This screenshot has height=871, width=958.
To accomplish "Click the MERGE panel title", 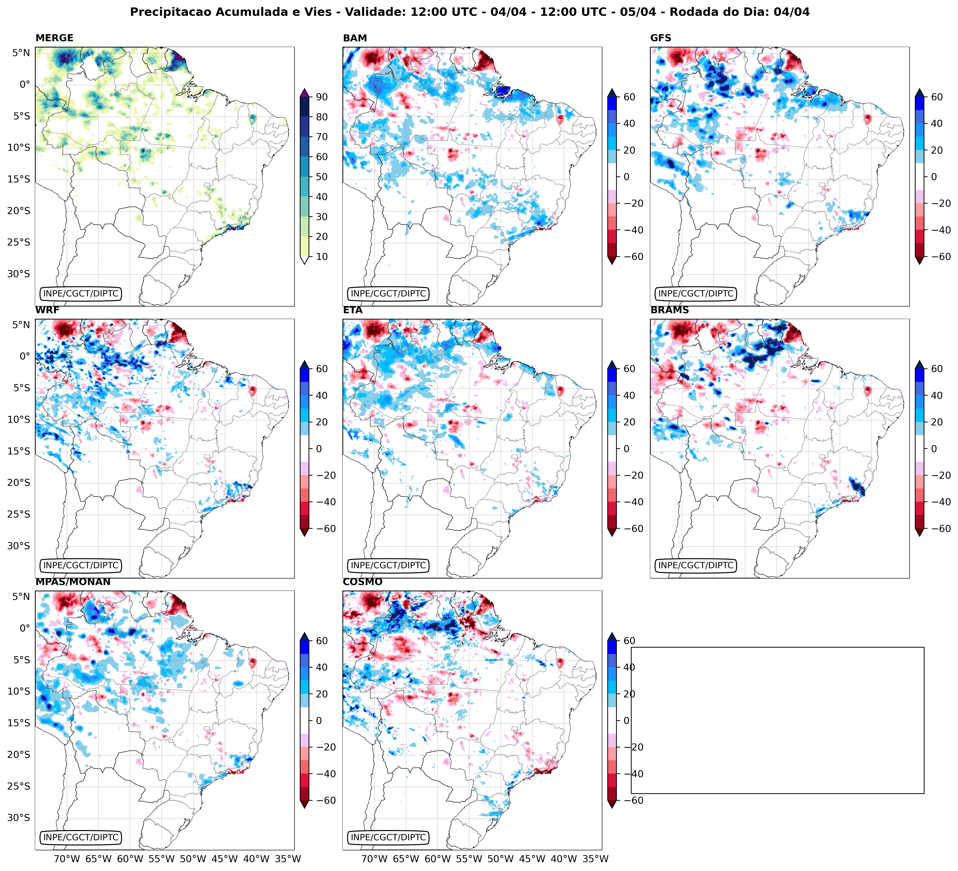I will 54,38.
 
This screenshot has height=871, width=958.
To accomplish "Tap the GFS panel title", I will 660,38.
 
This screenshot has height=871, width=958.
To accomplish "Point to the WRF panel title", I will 47,310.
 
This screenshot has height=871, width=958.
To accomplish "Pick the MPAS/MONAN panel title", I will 73,582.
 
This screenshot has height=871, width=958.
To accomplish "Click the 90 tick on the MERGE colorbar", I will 322,97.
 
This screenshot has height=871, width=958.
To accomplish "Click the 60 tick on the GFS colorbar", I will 937,97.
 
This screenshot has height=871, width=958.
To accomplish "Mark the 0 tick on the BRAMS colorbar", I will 934,449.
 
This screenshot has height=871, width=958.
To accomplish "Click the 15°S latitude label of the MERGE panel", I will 18,179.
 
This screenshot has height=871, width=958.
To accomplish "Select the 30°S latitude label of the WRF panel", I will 18,546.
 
